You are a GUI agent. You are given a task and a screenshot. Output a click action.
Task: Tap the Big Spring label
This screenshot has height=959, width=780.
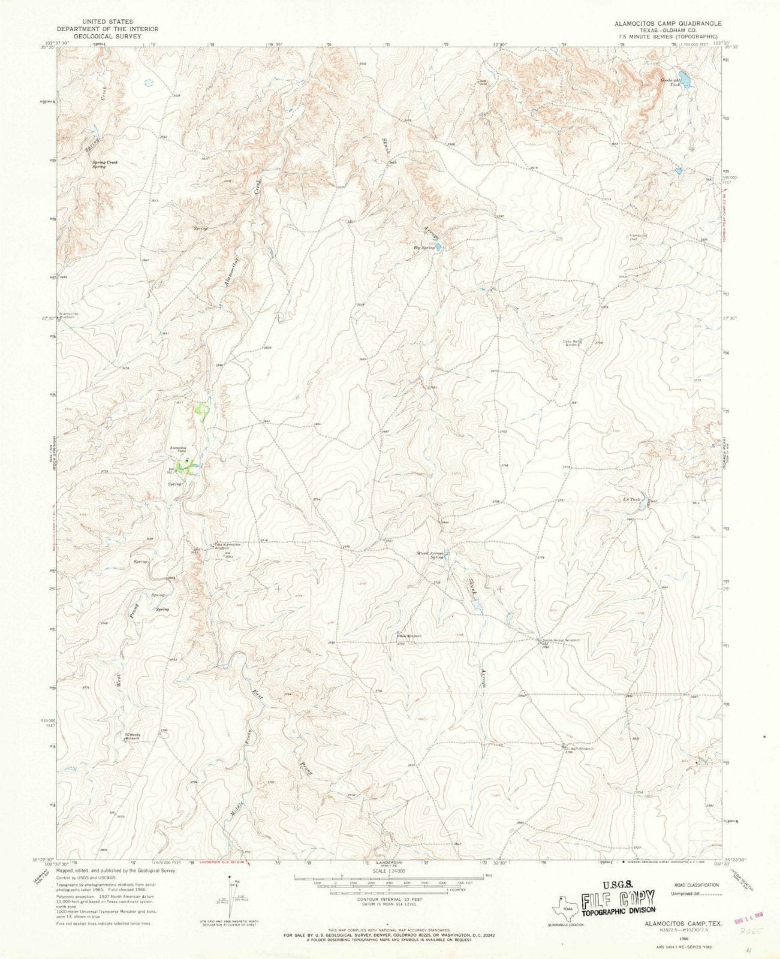pyautogui.click(x=424, y=248)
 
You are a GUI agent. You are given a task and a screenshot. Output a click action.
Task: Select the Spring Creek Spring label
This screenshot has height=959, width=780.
pyautogui.click(x=104, y=164)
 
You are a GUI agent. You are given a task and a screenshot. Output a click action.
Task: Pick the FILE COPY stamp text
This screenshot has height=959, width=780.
pyautogui.click(x=618, y=900)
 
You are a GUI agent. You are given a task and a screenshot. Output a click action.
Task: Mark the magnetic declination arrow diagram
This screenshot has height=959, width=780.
pyautogui.click(x=233, y=891)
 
